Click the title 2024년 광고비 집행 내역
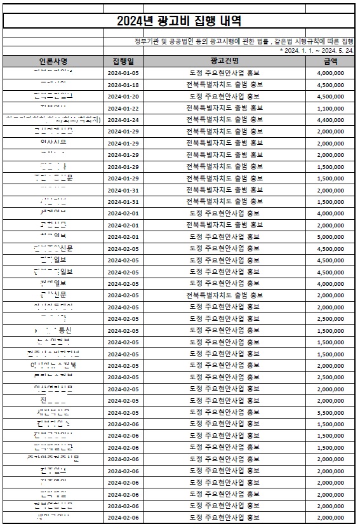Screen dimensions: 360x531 click(x=180, y=21)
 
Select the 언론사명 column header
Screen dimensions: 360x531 click(x=53, y=61)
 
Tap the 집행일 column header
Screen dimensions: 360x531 click(x=123, y=61)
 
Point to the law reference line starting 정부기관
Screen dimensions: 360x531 click(x=241, y=41)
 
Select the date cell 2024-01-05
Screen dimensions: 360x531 click(x=123, y=73)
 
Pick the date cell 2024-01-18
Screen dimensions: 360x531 click(x=123, y=84)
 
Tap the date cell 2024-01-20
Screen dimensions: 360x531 click(x=123, y=96)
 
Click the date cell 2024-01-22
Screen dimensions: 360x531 click(x=123, y=108)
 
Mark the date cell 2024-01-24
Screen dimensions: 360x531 click(x=123, y=119)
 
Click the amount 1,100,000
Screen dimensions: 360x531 click(x=330, y=108)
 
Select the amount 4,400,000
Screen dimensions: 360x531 click(x=330, y=119)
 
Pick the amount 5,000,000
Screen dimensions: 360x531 click(x=330, y=236)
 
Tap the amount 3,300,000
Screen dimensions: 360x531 click(x=330, y=412)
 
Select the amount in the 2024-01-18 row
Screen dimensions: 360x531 click(x=330, y=84)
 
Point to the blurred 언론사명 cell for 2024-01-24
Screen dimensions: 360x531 click(x=53, y=119)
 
